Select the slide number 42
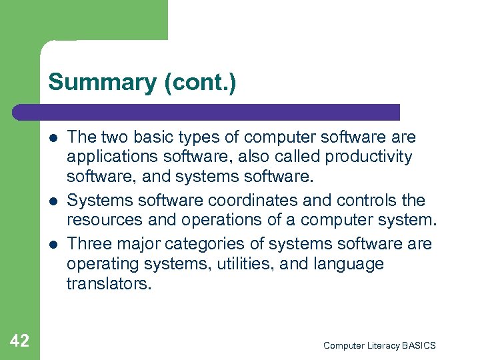point(20,341)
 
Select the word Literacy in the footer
point(383,345)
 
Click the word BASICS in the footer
point(419,345)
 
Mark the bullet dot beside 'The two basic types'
point(52,138)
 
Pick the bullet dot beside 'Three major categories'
point(52,245)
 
